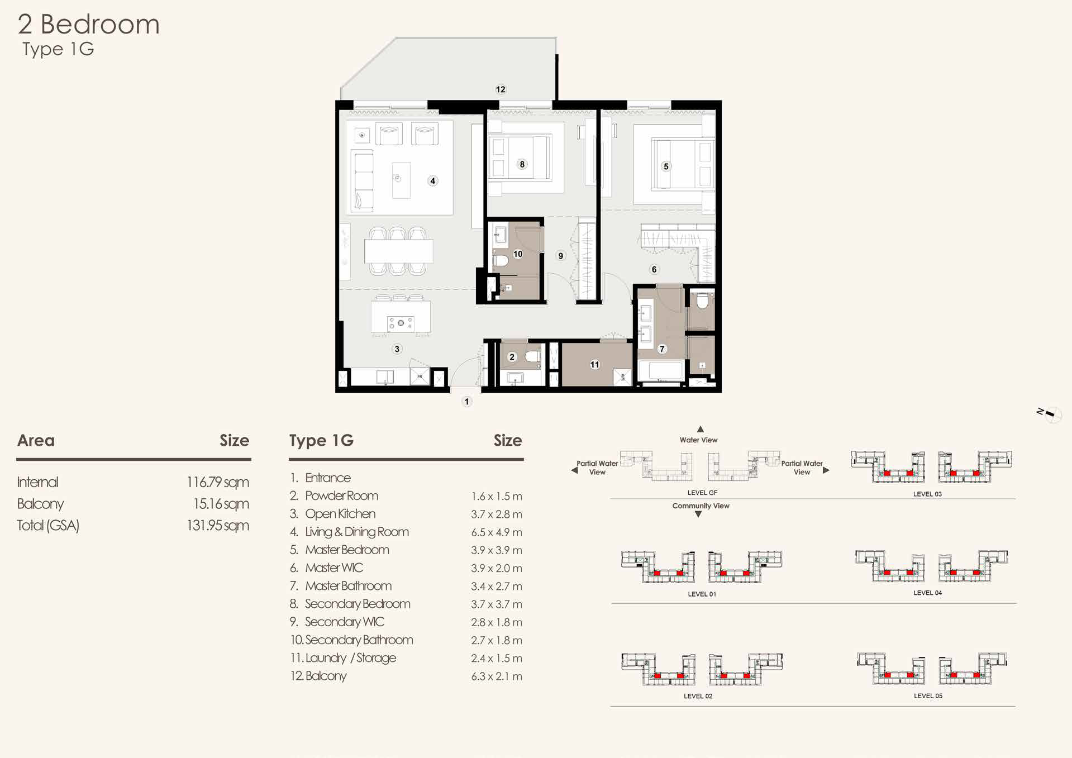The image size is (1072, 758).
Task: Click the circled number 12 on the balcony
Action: tap(501, 89)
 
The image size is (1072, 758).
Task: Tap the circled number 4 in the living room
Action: tap(432, 181)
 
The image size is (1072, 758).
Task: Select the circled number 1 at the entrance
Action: tap(467, 402)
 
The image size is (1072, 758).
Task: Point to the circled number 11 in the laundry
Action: tap(594, 365)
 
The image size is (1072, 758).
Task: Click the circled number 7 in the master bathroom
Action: tap(662, 349)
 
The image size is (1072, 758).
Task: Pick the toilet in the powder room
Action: tap(533, 357)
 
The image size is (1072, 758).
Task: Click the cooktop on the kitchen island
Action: tap(401, 323)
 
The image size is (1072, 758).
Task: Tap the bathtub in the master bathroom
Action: tap(661, 370)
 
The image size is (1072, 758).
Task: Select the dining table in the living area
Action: tap(398, 251)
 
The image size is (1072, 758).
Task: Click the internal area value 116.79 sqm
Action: tap(217, 482)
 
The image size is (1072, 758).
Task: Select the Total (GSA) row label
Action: tap(48, 526)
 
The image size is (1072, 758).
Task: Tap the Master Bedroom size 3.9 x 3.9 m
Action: tap(496, 550)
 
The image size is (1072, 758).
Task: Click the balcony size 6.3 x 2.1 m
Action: tap(496, 676)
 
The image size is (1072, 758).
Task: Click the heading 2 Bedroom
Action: tap(88, 24)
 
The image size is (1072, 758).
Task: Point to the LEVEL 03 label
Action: tap(927, 494)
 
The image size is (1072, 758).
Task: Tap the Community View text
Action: tap(701, 506)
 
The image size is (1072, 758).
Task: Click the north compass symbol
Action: tap(1049, 414)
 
